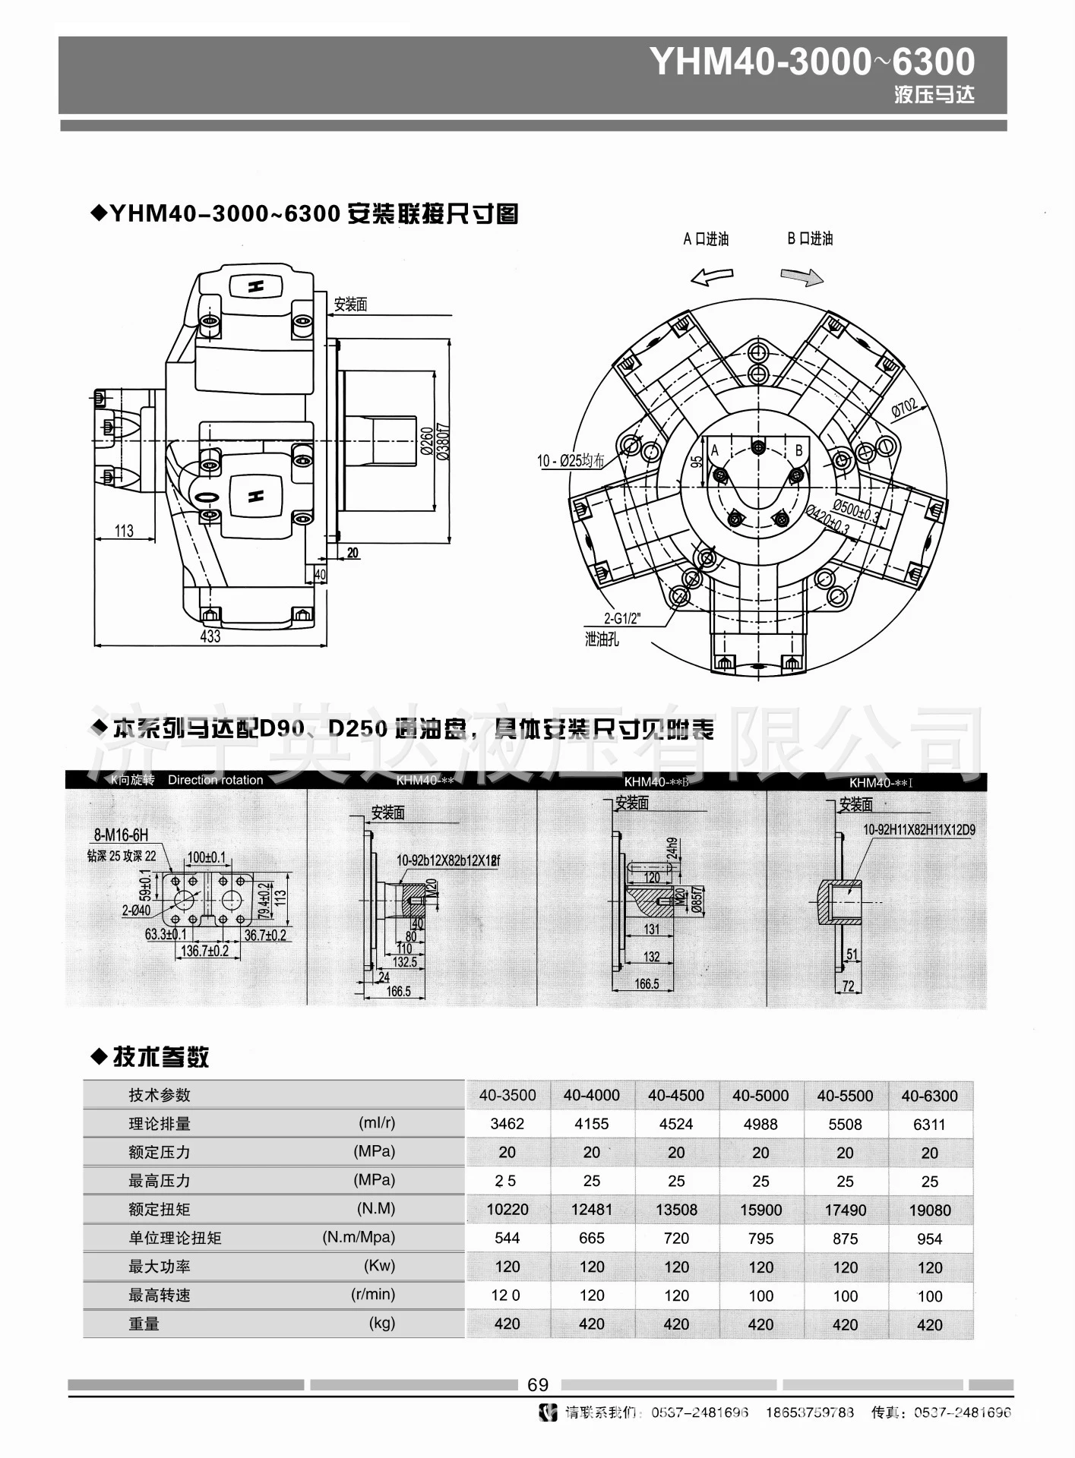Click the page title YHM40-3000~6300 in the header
[x=811, y=62]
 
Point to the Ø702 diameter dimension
[x=904, y=408]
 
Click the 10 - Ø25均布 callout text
[x=571, y=460]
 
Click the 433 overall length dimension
[x=210, y=636]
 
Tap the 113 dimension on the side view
[x=124, y=531]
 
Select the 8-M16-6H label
[x=121, y=835]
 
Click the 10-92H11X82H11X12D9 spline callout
[x=918, y=830]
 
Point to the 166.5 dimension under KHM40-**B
[x=647, y=984]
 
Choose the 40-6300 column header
[x=929, y=1096]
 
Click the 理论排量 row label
[x=160, y=1124]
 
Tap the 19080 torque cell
[x=929, y=1210]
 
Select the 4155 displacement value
[x=591, y=1125]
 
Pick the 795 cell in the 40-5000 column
[x=760, y=1239]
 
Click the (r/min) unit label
[x=373, y=1295]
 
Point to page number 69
[x=537, y=1385]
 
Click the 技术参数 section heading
[x=160, y=1057]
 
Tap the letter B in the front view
[x=798, y=451]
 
